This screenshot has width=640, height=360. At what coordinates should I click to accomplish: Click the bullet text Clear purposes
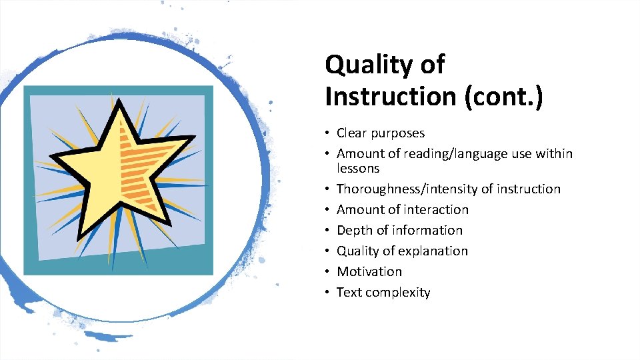380,133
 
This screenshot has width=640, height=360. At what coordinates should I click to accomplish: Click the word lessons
358,169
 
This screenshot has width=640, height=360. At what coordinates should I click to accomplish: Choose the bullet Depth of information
399,231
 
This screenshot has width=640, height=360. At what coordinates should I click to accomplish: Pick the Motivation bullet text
369,272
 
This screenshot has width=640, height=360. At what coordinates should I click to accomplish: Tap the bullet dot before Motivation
327,272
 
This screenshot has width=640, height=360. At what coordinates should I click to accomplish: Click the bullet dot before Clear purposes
327,133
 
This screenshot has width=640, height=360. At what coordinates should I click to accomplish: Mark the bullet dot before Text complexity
327,293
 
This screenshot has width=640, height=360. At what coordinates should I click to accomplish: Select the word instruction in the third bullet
527,189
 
